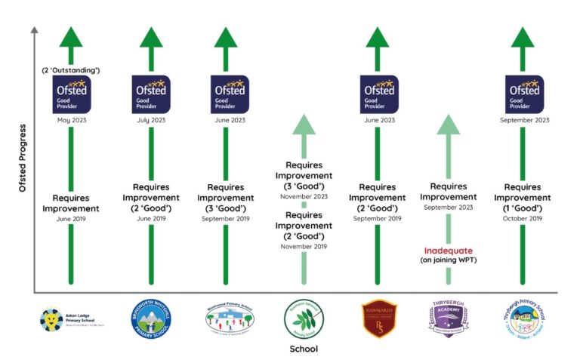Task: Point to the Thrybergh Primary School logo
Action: (x=523, y=319)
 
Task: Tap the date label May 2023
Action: (x=71, y=120)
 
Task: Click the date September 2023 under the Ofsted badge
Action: (x=523, y=120)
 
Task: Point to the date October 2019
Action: (x=523, y=218)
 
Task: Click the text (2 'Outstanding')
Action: (x=71, y=70)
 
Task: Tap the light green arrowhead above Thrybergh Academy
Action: (x=448, y=125)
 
